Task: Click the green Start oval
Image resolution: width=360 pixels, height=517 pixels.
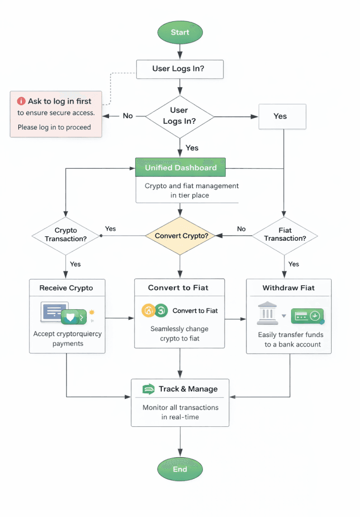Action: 180,32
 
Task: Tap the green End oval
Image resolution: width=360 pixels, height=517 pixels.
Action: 180,469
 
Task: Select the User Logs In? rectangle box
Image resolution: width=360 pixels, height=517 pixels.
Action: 180,69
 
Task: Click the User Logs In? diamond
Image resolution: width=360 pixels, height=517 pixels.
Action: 180,117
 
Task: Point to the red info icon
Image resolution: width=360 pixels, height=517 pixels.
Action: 21,101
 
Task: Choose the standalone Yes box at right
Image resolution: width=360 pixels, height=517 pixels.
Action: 282,117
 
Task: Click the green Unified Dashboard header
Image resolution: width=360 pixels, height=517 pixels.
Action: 181,167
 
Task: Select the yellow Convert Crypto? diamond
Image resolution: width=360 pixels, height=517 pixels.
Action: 180,236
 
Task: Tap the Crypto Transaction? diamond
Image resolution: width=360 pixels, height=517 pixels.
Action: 66,236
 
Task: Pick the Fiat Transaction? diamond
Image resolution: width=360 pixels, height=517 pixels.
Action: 284,236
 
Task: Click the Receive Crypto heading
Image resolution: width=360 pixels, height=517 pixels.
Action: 66,288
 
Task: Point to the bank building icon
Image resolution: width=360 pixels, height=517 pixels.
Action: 267,313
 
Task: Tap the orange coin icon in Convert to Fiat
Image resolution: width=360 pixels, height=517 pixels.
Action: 148,310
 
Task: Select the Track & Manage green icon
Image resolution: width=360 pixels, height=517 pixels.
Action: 149,389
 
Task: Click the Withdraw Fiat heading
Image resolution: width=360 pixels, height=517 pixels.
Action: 289,288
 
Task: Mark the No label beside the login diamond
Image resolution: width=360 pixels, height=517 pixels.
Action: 128,116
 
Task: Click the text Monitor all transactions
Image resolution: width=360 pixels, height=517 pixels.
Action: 181,408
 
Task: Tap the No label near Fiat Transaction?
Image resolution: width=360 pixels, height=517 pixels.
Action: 241,229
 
